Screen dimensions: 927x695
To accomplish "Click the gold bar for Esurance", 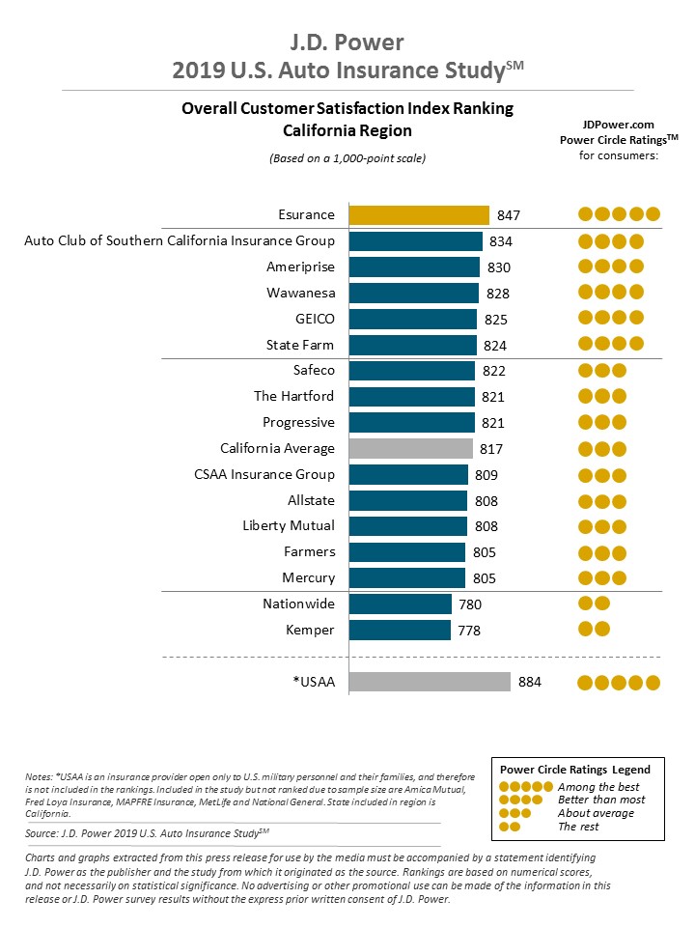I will [419, 214].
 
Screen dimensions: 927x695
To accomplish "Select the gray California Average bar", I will [410, 448].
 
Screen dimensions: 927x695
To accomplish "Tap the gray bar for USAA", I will [429, 682].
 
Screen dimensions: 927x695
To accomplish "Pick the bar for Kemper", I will [399, 630].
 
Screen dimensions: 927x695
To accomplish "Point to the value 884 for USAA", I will [530, 682].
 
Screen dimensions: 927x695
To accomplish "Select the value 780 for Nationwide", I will [469, 604].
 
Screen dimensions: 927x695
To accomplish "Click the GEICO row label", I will [314, 319].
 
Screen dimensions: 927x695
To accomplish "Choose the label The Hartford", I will [294, 396].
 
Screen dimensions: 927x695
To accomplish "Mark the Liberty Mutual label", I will [289, 525].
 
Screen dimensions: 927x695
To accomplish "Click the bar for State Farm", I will [412, 345].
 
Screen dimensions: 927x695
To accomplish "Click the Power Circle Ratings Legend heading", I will [574, 770].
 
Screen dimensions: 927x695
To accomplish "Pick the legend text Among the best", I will [598, 787].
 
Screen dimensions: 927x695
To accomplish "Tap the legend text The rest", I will [578, 827].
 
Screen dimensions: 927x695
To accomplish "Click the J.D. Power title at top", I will [347, 42].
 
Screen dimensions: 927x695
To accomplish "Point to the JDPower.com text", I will [619, 125].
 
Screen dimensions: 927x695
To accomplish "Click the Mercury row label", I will [308, 577].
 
